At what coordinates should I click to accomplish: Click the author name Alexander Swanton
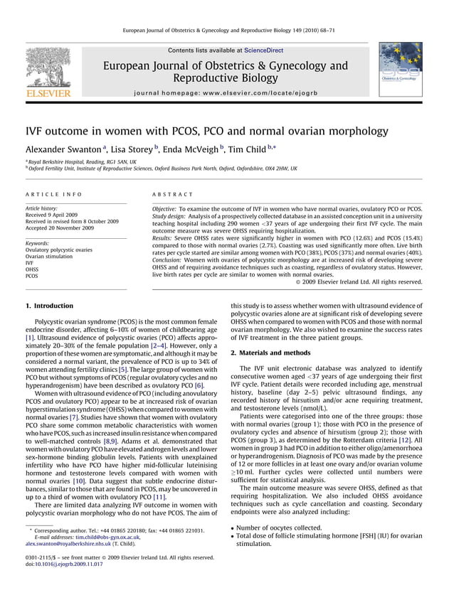65,150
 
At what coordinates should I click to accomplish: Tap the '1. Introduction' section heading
49,306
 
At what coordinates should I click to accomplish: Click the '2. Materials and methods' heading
270,353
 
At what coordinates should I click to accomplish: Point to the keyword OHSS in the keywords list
33,269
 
